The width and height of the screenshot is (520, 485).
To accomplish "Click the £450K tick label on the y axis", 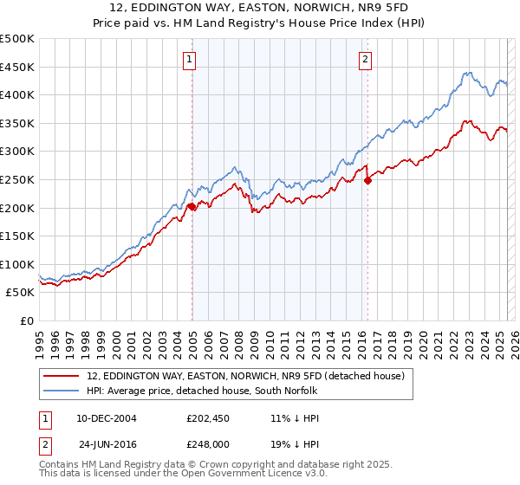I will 18,67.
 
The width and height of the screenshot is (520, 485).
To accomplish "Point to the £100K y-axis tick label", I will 18,264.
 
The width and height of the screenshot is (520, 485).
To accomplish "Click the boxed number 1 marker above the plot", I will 188,60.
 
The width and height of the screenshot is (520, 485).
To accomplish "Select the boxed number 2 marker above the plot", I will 365,60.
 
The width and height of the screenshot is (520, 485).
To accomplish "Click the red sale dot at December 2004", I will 192,206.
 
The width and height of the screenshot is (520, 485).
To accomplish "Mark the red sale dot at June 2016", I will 368,180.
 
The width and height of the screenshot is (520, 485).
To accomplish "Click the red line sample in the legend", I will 62,376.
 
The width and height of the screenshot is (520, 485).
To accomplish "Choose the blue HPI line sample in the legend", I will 62,391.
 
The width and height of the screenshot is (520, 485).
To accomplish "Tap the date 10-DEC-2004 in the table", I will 107,417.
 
